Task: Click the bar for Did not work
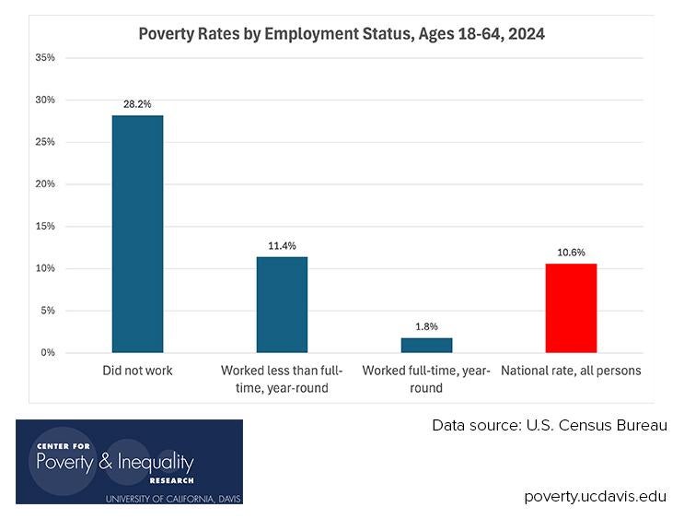pyautogui.click(x=137, y=234)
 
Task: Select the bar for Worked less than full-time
pyautogui.click(x=282, y=304)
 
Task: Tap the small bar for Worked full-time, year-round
pyautogui.click(x=426, y=345)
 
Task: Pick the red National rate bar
pyautogui.click(x=571, y=308)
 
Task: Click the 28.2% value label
pyautogui.click(x=137, y=104)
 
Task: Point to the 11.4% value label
pyautogui.click(x=282, y=246)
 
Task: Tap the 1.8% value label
pyautogui.click(x=426, y=326)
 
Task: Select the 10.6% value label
pyautogui.click(x=571, y=253)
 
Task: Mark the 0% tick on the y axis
pyautogui.click(x=47, y=352)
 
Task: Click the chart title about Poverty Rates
pyautogui.click(x=341, y=34)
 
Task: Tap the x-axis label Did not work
pyautogui.click(x=137, y=371)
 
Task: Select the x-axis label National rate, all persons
pyautogui.click(x=571, y=371)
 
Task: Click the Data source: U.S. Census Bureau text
pyautogui.click(x=550, y=426)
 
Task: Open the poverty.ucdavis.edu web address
pyautogui.click(x=595, y=496)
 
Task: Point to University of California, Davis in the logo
pyautogui.click(x=172, y=498)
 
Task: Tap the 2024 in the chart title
pyautogui.click(x=526, y=34)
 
